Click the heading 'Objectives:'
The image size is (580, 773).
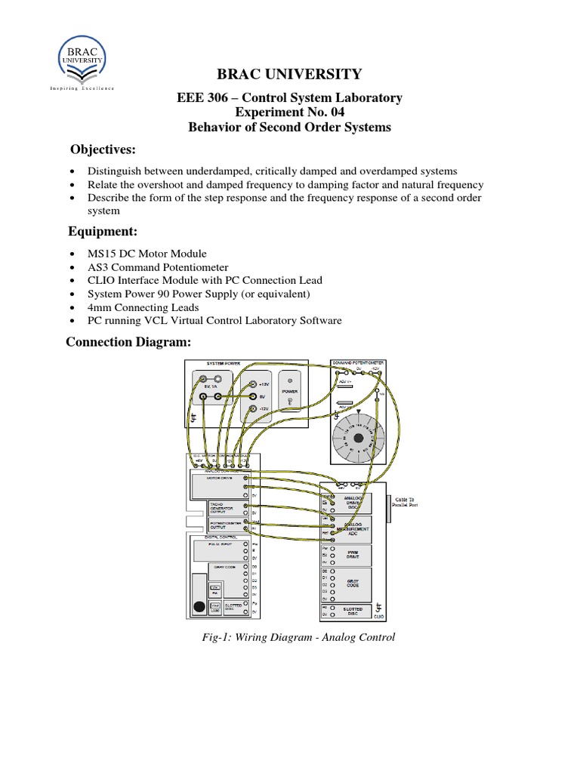click(x=103, y=149)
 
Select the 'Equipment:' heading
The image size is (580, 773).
click(x=103, y=230)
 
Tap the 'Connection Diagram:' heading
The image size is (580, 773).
click(x=128, y=343)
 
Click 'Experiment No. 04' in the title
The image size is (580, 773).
click(x=289, y=112)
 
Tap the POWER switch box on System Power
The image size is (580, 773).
click(x=290, y=396)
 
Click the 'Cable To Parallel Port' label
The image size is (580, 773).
click(x=411, y=503)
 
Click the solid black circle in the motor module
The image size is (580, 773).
click(x=199, y=605)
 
